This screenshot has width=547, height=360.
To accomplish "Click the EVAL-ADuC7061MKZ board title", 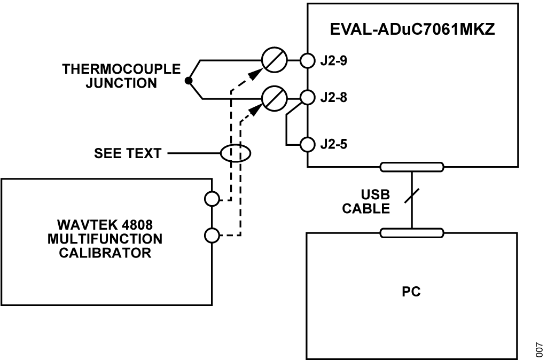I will [413, 29].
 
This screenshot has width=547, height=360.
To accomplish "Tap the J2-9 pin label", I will [334, 60].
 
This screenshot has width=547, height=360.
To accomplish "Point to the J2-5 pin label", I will [334, 144].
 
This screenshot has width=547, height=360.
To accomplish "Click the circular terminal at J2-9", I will [308, 60].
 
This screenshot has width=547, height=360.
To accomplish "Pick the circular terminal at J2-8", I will [308, 98].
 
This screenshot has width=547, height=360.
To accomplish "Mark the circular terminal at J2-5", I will [308, 144].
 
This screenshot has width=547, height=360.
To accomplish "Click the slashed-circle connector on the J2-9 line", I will [275, 60].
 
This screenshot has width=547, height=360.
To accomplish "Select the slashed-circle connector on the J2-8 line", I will [275, 98].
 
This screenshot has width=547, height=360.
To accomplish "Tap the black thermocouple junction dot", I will [188, 81].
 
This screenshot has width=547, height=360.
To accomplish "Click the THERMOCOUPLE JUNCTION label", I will [121, 76].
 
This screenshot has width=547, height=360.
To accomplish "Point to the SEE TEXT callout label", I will [128, 153].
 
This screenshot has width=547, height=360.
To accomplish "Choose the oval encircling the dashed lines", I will [236, 153].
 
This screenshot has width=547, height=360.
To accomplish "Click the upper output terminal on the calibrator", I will [212, 199].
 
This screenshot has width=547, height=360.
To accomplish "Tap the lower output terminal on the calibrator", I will [212, 235].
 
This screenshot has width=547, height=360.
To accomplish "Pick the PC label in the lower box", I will [411, 292].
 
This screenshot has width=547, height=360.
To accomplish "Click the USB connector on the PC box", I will [411, 232].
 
